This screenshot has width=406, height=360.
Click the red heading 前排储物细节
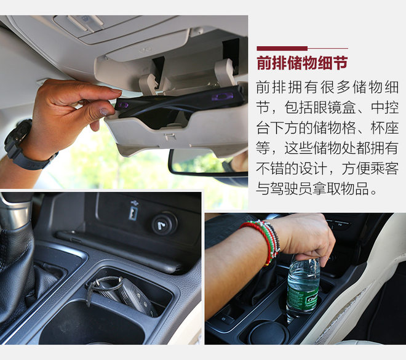302,63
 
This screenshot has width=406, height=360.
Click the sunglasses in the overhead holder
178,106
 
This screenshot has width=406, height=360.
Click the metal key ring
103,285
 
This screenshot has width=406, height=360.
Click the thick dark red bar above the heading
282,49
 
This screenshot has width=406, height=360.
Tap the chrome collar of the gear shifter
15,213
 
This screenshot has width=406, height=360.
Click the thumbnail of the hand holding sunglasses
124,102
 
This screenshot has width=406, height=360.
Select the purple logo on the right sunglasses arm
222,97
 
